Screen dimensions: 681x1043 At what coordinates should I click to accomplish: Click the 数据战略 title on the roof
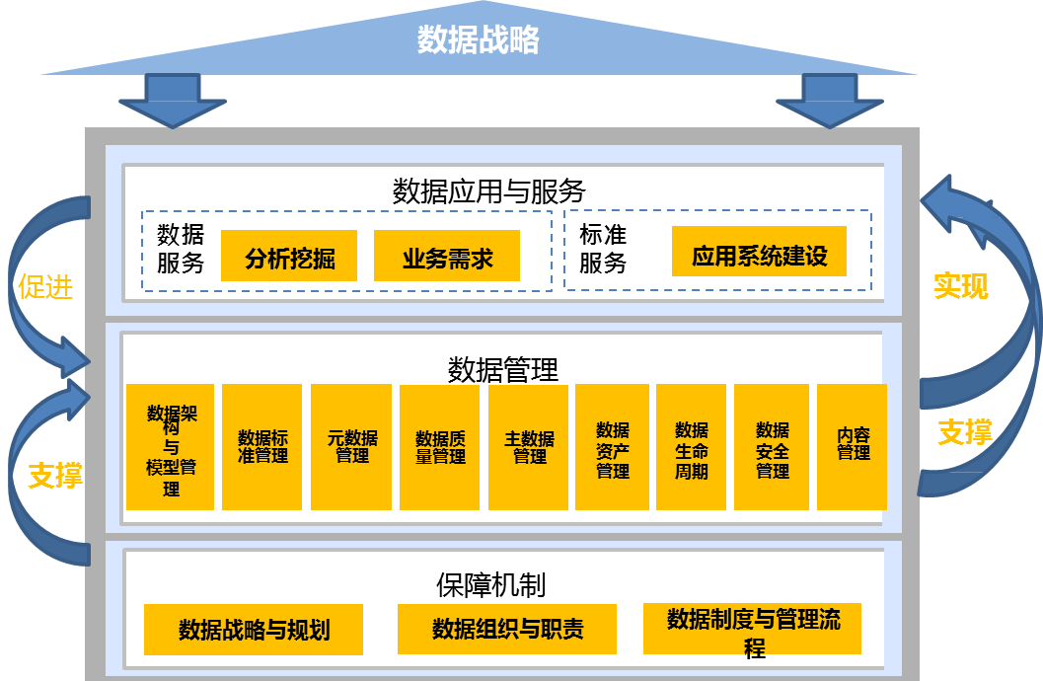tap(479, 40)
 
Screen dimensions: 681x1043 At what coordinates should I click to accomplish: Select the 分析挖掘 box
tap(289, 259)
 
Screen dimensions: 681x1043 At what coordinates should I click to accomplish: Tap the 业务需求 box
tap(447, 259)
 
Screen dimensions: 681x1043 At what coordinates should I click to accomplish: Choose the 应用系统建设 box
tap(759, 256)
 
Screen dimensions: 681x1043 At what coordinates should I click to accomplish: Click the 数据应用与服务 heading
tap(489, 190)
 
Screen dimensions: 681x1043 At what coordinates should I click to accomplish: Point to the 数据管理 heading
tap(503, 369)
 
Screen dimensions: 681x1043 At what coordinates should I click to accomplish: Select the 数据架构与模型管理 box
tap(171, 447)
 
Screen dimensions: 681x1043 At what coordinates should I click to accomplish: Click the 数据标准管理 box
tap(261, 447)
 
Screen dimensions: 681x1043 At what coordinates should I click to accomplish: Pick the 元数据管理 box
tap(351, 447)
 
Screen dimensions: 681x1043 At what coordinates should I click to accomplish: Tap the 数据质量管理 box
tap(440, 447)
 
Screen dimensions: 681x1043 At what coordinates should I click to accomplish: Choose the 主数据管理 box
tap(529, 447)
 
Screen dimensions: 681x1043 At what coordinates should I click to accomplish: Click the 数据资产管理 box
tap(612, 447)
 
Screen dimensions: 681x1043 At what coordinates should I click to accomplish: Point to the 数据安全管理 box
tap(772, 447)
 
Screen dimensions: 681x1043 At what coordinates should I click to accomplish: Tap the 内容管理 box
tap(853, 446)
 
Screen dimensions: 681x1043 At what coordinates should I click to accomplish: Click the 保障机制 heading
tap(490, 584)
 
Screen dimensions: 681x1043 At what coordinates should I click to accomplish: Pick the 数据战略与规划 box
tap(254, 630)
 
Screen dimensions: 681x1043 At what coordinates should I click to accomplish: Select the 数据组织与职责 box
tap(507, 629)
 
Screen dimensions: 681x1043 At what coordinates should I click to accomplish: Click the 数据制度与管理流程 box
tap(753, 629)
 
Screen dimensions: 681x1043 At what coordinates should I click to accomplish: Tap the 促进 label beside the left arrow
tap(45, 287)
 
